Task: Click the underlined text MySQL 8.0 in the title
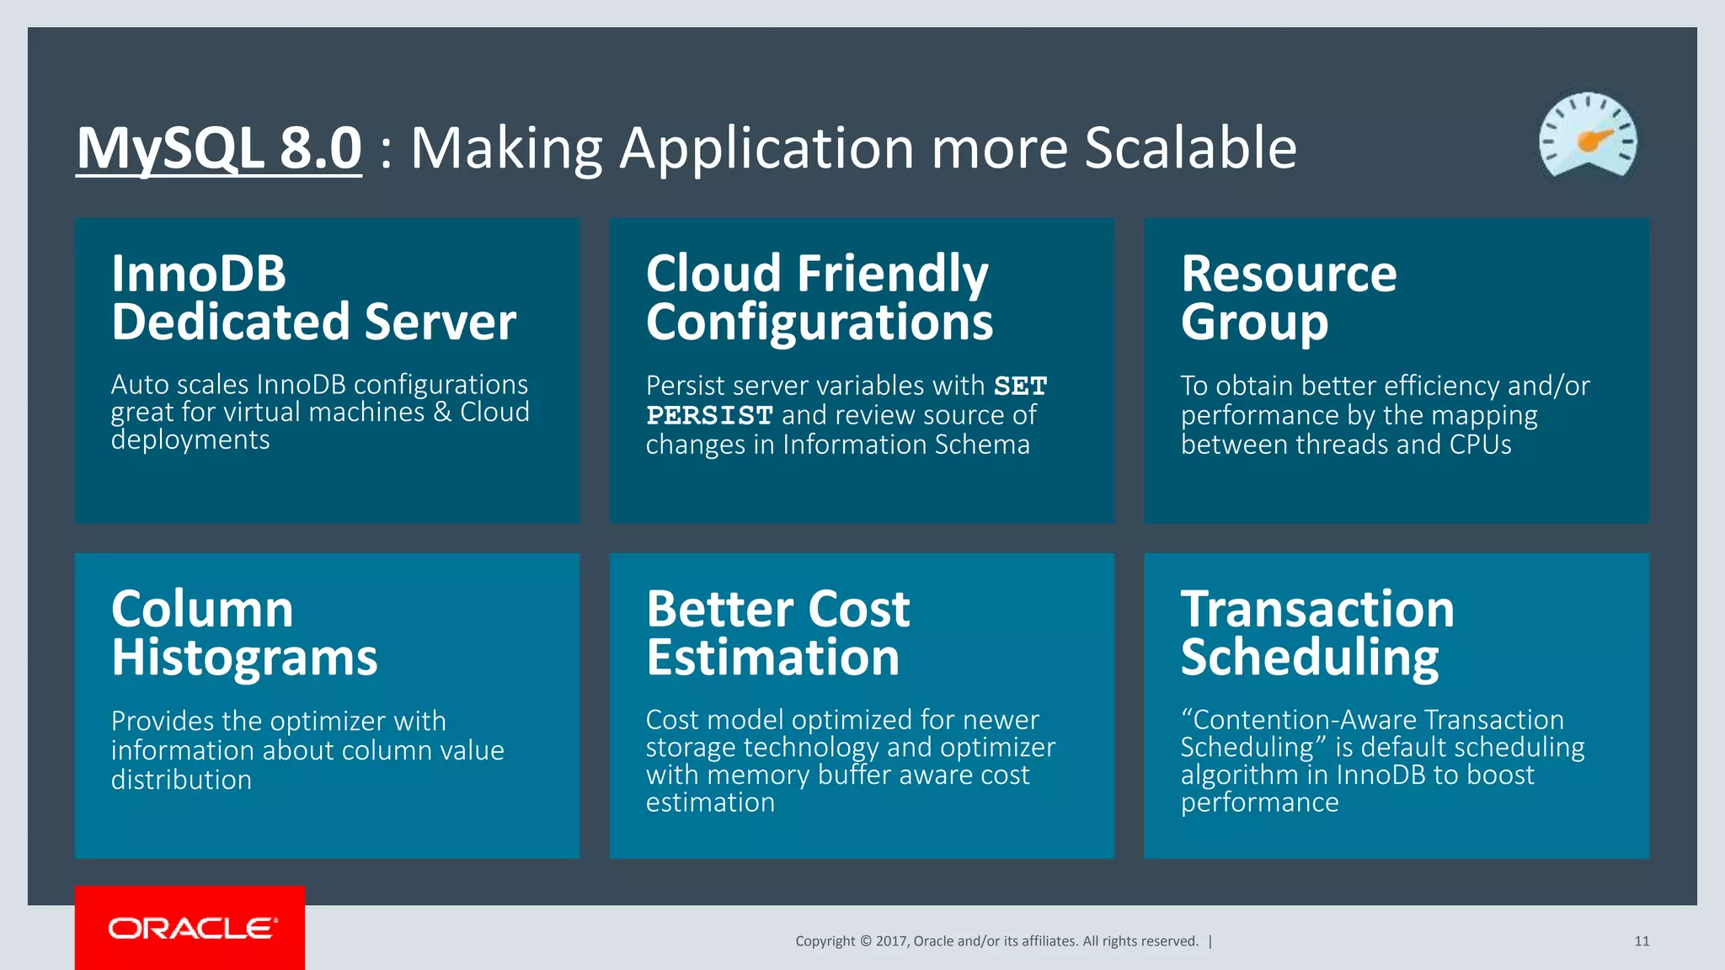click(x=219, y=148)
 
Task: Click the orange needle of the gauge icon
click(x=1594, y=139)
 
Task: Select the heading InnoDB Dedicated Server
click(x=313, y=297)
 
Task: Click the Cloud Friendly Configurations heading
click(x=819, y=297)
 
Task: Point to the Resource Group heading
click(x=1289, y=297)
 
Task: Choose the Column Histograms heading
click(x=244, y=632)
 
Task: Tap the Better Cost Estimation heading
click(x=777, y=632)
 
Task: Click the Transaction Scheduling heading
click(x=1316, y=632)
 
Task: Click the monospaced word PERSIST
click(x=709, y=415)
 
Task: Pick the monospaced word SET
click(x=1020, y=386)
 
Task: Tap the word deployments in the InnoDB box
click(x=190, y=440)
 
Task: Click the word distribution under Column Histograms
click(x=181, y=780)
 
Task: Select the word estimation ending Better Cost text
click(x=710, y=802)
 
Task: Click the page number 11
click(x=1642, y=941)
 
